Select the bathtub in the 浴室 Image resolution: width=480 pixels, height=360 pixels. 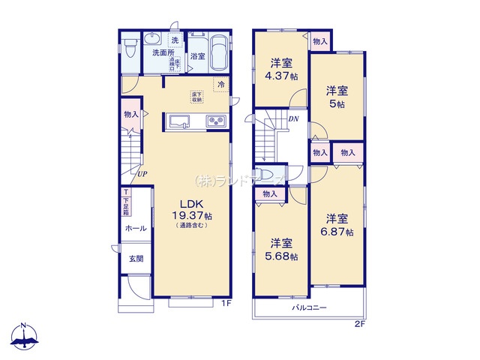(x=219, y=53)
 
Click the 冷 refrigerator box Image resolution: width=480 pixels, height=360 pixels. (x=221, y=85)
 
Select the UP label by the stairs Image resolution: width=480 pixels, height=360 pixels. (x=141, y=175)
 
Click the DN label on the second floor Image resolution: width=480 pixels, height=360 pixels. (x=294, y=119)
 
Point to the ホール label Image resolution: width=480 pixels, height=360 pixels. (x=136, y=228)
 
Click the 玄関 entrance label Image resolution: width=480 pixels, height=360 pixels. (x=135, y=259)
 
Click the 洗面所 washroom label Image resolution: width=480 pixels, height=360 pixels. (x=163, y=53)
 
